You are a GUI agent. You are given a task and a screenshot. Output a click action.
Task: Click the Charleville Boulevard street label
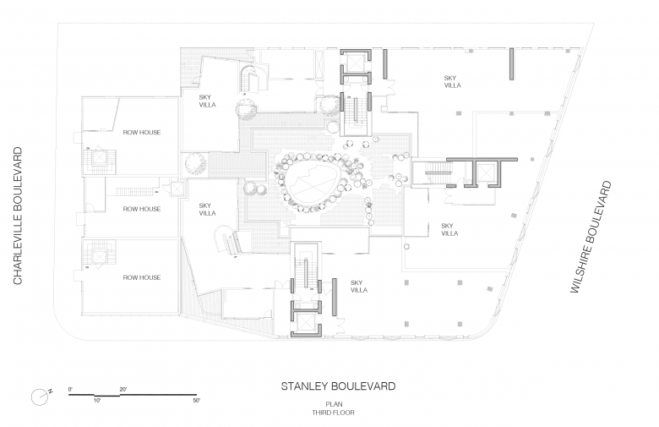pyautogui.click(x=17, y=216)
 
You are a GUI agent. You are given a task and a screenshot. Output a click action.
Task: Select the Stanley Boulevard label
pyautogui.click(x=338, y=386)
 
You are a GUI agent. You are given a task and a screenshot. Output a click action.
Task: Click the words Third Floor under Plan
pyautogui.click(x=338, y=413)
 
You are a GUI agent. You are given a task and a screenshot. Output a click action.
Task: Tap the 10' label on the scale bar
pyautogui.click(x=97, y=399)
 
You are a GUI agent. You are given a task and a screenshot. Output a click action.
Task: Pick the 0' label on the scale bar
pyautogui.click(x=71, y=388)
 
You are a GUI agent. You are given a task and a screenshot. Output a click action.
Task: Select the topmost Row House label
pyautogui.click(x=142, y=133)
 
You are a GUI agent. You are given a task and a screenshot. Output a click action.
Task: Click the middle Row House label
pyautogui.click(x=142, y=209)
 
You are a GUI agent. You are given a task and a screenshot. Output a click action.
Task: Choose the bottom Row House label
pyautogui.click(x=142, y=277)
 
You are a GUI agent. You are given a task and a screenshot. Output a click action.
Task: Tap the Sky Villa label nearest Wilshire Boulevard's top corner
pyautogui.click(x=451, y=82)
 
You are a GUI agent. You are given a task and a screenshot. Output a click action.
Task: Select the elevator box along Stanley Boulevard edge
pyautogui.click(x=305, y=320)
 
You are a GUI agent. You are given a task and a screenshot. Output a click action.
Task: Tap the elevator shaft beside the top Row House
pyautogui.click(x=102, y=158)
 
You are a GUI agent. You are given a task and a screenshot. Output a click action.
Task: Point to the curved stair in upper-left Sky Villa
pyautogui.click(x=250, y=80)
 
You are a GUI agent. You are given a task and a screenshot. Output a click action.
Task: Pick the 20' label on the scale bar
pyautogui.click(x=123, y=388)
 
